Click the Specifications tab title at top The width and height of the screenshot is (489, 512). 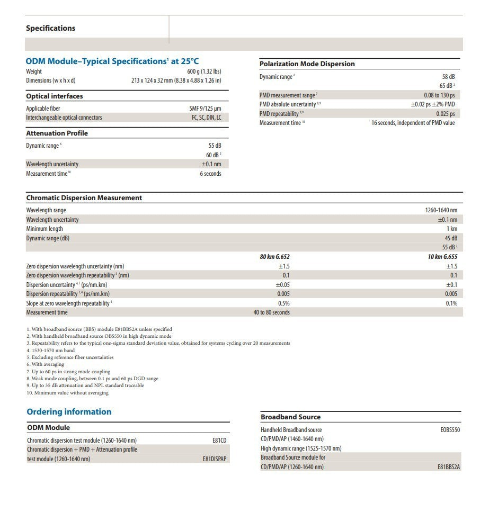point(50,28)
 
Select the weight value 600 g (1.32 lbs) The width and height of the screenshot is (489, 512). point(204,71)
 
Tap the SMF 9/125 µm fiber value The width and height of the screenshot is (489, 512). point(205,109)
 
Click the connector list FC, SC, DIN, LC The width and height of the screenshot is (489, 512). point(207,118)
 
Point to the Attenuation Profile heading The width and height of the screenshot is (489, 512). point(57,133)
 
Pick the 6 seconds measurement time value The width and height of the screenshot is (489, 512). point(210,174)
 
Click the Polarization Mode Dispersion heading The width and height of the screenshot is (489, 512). point(307,64)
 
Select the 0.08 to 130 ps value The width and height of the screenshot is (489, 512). point(439,95)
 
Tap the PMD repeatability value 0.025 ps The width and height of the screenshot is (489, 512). point(445,114)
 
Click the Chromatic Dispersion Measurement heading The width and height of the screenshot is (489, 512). point(84,198)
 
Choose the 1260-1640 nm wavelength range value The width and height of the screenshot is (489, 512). point(441,210)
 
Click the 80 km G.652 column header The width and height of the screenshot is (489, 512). point(274,257)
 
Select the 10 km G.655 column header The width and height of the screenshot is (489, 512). point(442,257)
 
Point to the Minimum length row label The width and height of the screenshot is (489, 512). point(45,229)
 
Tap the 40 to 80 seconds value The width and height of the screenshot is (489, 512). point(271,312)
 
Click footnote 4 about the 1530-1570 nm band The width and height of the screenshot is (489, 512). point(51,351)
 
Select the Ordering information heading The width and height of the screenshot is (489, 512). point(69,412)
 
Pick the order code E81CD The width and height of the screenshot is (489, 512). point(219,441)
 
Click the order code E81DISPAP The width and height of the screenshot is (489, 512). point(214,459)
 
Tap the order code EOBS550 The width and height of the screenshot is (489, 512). point(450,430)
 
